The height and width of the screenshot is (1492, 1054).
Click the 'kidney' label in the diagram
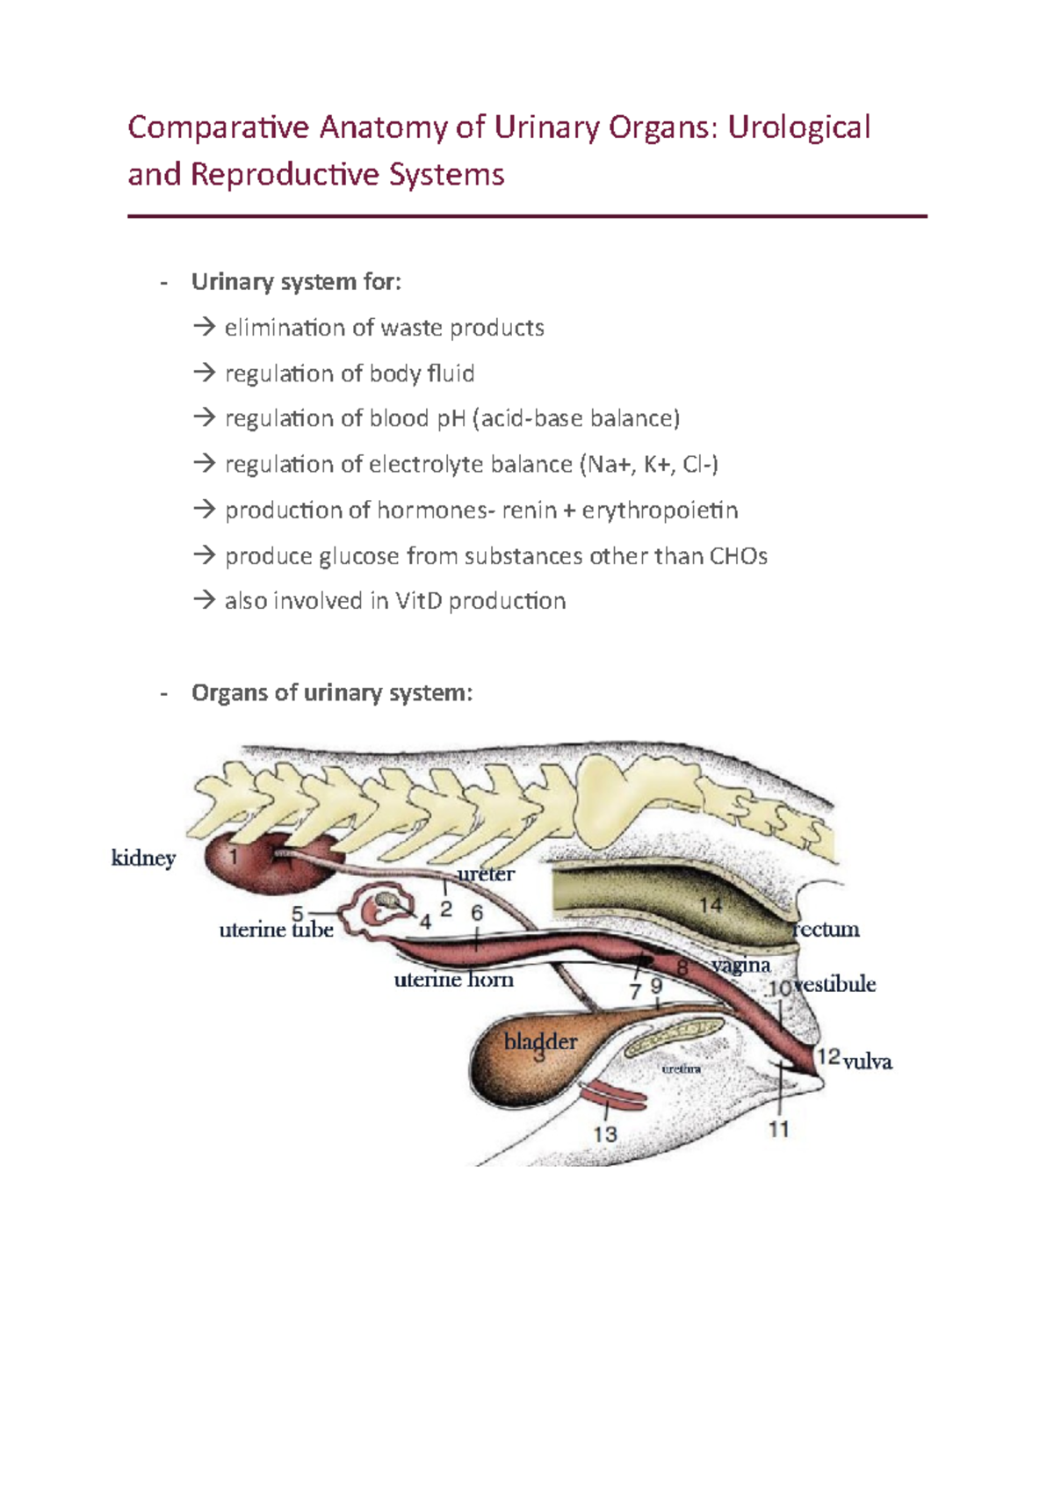tap(143, 858)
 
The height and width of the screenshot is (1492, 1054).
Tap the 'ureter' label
tap(486, 873)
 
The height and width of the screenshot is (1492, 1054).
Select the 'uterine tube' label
tap(276, 930)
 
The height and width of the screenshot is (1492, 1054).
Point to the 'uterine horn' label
tap(453, 979)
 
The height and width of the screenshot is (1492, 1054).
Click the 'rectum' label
tap(827, 929)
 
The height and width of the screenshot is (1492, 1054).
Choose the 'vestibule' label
tap(835, 984)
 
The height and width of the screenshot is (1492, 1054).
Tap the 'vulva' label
tap(868, 1061)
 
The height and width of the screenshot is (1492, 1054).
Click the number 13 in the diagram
tap(605, 1134)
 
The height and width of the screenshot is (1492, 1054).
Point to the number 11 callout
tap(779, 1129)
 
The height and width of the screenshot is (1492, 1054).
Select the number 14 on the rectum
tap(710, 905)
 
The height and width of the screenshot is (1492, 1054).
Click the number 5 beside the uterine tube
tap(298, 914)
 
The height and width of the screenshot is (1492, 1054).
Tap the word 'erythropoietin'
tap(660, 511)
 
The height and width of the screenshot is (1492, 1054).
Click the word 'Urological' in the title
tap(798, 127)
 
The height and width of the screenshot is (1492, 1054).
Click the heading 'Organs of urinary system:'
tap(332, 692)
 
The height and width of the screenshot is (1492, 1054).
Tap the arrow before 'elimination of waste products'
tap(205, 328)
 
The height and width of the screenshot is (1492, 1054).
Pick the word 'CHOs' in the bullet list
tap(738, 556)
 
